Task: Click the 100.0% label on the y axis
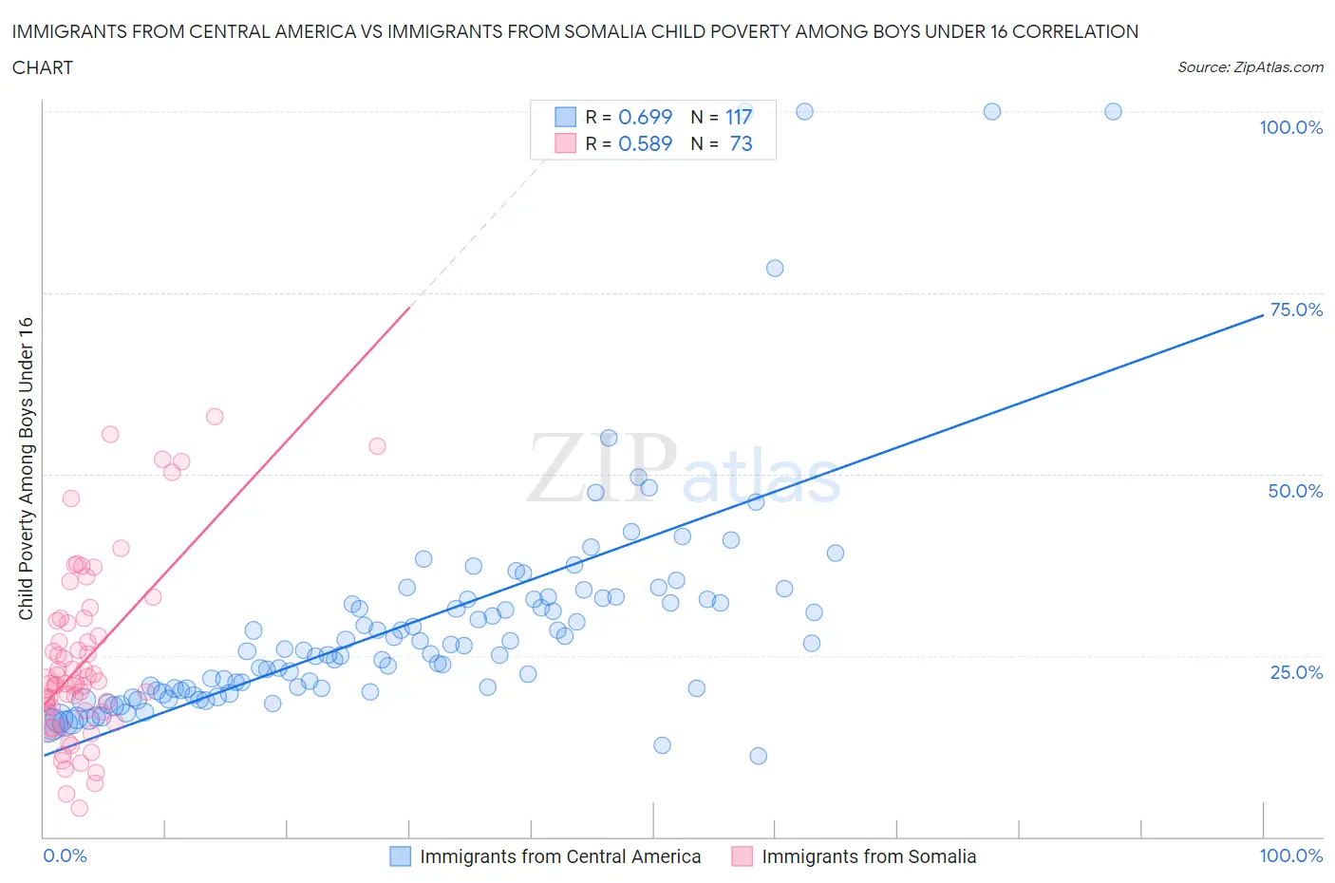pyautogui.click(x=1290, y=128)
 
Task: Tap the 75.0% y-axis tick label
pyautogui.click(x=1296, y=310)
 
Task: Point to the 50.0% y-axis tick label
pyautogui.click(x=1295, y=491)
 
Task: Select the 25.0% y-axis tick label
pyautogui.click(x=1296, y=672)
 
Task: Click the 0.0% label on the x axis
pyautogui.click(x=65, y=855)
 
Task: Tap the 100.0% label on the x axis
pyautogui.click(x=1290, y=855)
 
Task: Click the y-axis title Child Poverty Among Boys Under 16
pyautogui.click(x=27, y=468)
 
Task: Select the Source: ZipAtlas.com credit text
pyautogui.click(x=1250, y=67)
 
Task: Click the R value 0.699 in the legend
pyautogui.click(x=645, y=117)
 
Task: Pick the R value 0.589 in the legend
pyautogui.click(x=645, y=143)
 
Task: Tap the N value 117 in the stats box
pyautogui.click(x=739, y=117)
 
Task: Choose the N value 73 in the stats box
pyautogui.click(x=741, y=143)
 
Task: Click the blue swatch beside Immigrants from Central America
pyautogui.click(x=401, y=856)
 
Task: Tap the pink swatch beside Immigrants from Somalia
pyautogui.click(x=742, y=856)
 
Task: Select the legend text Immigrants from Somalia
pyautogui.click(x=869, y=856)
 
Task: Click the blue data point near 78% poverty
pyautogui.click(x=775, y=268)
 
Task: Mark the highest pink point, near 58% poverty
pyautogui.click(x=215, y=416)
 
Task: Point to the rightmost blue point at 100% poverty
pyautogui.click(x=1113, y=111)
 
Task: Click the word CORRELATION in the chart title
pyautogui.click(x=1075, y=31)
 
